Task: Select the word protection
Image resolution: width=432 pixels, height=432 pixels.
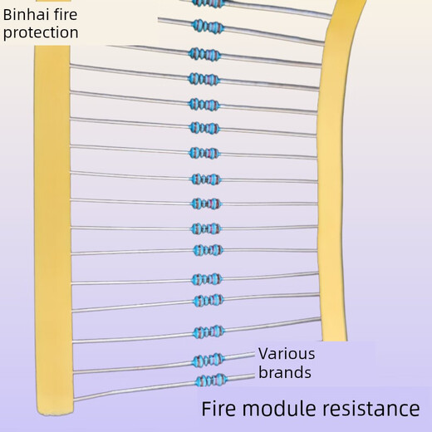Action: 41,32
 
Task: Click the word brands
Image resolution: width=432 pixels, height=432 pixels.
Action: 284,372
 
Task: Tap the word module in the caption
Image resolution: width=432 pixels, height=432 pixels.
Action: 286,409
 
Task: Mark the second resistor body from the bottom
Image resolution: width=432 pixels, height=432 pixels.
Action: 209,360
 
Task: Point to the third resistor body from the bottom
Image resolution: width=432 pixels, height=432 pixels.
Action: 209,332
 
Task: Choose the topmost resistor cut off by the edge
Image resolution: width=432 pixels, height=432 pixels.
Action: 205,3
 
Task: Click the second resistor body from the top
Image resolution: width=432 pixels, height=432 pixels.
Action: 205,27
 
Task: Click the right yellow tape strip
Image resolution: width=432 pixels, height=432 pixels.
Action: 339,183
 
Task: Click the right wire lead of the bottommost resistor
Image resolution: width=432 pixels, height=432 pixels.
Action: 241,378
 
